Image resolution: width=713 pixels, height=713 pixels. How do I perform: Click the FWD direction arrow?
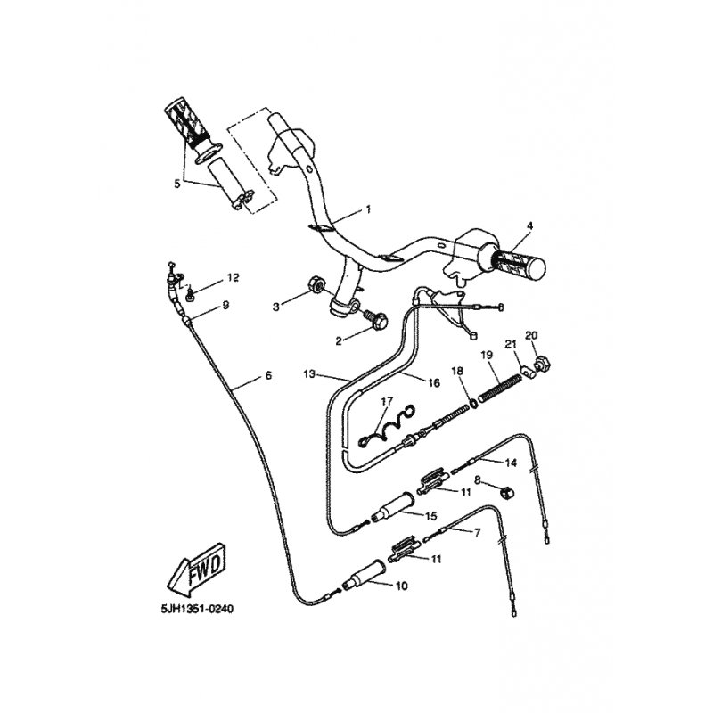click(196, 569)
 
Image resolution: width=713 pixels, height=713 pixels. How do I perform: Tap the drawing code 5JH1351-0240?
click(197, 609)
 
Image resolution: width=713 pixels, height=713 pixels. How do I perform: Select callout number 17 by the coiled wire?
click(387, 402)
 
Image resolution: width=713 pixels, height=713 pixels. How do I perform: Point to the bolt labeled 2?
click(376, 319)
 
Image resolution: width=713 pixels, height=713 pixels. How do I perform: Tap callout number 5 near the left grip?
click(176, 184)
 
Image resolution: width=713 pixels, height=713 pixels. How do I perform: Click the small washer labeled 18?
click(473, 403)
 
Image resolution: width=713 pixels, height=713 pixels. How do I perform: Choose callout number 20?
click(531, 336)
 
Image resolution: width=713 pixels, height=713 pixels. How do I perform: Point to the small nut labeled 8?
click(505, 492)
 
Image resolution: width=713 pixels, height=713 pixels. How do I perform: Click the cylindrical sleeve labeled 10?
click(366, 574)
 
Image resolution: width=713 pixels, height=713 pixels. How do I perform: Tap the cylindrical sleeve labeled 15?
click(392, 507)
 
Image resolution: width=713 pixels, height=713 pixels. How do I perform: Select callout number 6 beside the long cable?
click(268, 375)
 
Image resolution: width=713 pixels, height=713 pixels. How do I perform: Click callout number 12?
click(233, 277)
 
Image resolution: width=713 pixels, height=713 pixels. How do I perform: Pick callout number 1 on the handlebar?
click(368, 209)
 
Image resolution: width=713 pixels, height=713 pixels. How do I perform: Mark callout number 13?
click(309, 374)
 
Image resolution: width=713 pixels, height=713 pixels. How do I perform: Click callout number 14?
click(511, 463)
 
